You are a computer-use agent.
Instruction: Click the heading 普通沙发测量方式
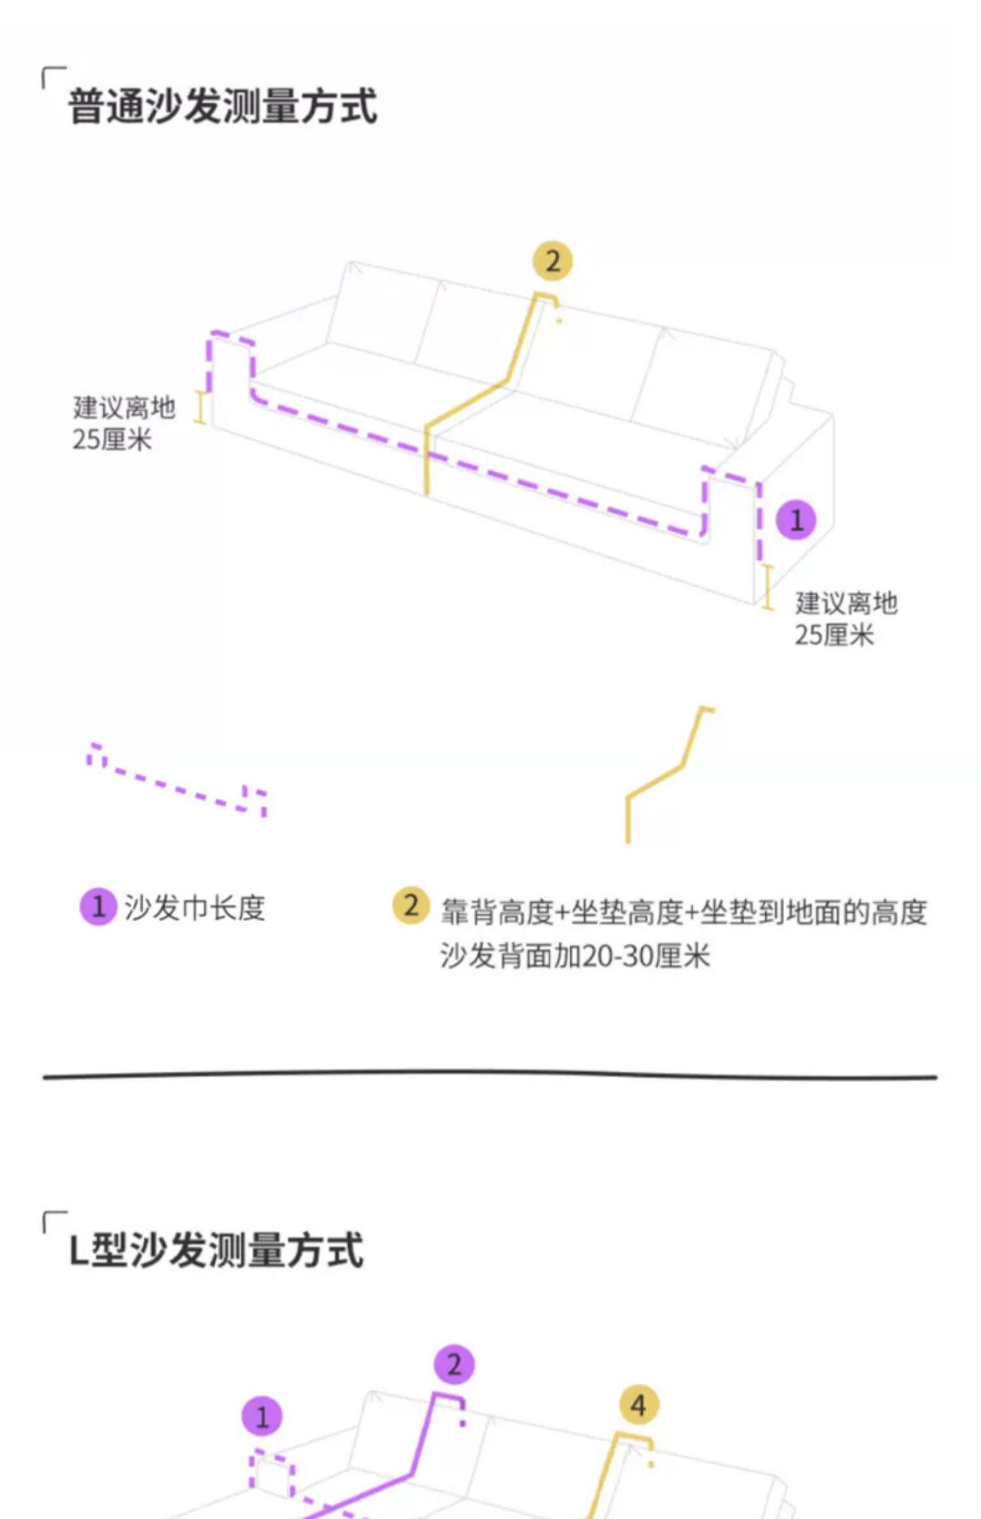[x=222, y=106]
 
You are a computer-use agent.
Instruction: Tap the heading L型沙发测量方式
[x=216, y=1250]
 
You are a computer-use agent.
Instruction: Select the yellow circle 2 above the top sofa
[x=553, y=262]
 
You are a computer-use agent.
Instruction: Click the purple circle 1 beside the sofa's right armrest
[x=796, y=521]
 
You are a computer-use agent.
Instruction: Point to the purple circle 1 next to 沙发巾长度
[x=98, y=907]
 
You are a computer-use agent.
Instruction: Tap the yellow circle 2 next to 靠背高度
[x=411, y=906]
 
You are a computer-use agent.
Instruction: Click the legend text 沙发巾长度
[x=194, y=908]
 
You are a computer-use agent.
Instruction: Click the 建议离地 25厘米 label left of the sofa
[x=123, y=423]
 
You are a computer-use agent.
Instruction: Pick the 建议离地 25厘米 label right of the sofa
[x=845, y=619]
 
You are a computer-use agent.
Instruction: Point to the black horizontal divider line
[x=490, y=1075]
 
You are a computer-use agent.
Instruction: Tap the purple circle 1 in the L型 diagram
[x=262, y=1418]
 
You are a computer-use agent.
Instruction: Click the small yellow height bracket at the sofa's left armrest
[x=201, y=408]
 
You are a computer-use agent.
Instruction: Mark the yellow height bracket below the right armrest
[x=768, y=587]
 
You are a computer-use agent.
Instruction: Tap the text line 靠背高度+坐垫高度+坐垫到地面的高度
[x=683, y=912]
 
